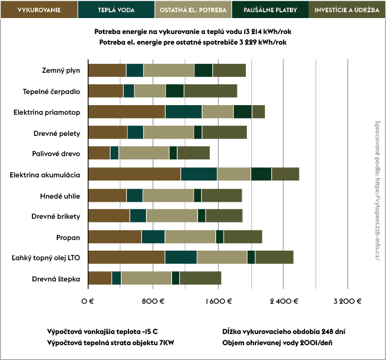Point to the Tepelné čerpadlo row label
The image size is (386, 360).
coord(52,91)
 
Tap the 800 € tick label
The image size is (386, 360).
coord(153,301)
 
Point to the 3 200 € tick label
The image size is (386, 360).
coord(347,301)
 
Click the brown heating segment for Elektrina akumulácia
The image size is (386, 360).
coord(134,174)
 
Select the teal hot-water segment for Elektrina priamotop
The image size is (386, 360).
coord(183,112)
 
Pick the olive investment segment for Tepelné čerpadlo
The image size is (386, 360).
coord(210,91)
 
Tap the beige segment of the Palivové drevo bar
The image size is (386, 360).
coord(144,153)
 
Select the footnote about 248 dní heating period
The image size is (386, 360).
coord(284,331)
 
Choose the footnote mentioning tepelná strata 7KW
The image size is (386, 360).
coord(110,342)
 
